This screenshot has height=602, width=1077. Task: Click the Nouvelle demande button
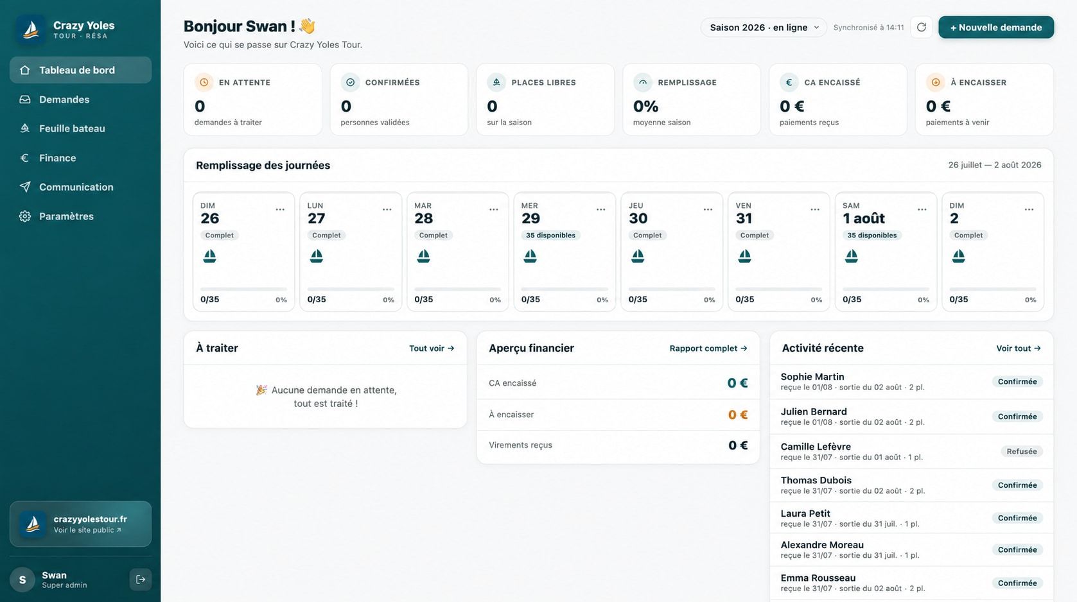[995, 28]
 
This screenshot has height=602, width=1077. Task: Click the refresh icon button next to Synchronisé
[921, 28]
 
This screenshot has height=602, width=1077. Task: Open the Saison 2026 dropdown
[764, 28]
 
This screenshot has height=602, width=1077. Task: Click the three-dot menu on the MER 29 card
[600, 209]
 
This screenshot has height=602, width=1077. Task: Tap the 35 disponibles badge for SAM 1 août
[871, 236]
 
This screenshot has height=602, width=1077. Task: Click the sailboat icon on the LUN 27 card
[317, 256]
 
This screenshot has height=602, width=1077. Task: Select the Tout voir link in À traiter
[432, 348]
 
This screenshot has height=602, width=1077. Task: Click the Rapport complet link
[708, 348]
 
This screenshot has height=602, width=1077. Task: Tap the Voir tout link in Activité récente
[1019, 348]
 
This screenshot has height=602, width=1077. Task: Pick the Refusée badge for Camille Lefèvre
[1022, 452]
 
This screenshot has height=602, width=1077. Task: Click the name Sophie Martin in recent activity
[812, 377]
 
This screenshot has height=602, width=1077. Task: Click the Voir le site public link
[87, 530]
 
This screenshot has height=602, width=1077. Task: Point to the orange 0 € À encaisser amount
[737, 415]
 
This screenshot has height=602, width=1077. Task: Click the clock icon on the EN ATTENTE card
[204, 83]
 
